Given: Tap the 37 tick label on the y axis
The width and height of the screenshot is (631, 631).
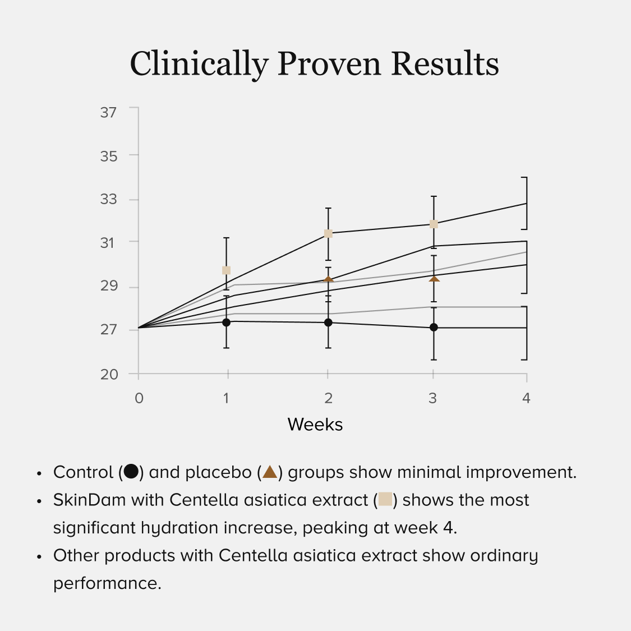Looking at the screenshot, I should click(108, 112).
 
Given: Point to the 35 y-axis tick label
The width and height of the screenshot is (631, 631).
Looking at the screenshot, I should click(108, 156).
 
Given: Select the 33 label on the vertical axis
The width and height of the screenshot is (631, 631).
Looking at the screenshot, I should click(108, 199).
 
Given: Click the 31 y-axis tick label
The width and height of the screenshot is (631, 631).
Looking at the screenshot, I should click(108, 242).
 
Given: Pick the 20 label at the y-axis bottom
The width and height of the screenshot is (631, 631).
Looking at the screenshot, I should click(109, 374).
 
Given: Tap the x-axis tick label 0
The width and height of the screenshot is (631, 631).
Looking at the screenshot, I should click(139, 398).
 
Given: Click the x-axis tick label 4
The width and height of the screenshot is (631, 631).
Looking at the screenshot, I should click(526, 398).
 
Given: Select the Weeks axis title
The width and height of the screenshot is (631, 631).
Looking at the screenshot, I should click(315, 425).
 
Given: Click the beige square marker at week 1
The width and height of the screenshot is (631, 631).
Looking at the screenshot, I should click(226, 270).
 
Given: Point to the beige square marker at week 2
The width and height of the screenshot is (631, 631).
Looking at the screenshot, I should click(328, 233).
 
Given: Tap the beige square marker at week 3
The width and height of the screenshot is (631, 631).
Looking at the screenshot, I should click(434, 224).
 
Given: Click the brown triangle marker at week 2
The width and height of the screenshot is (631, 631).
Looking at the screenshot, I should click(328, 279).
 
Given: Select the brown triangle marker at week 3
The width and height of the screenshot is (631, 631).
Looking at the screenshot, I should click(434, 278).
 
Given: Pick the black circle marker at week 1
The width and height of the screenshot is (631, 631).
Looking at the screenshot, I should click(226, 323).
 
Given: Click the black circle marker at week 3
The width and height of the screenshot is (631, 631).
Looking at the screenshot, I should click(434, 327).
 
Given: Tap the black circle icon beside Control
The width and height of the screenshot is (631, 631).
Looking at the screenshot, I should click(131, 472).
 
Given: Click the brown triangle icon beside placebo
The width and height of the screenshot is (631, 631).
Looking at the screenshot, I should click(270, 472).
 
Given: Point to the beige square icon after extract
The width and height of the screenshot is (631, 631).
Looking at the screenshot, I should click(385, 499).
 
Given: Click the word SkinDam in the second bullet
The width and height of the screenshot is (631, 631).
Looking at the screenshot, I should click(89, 500).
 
